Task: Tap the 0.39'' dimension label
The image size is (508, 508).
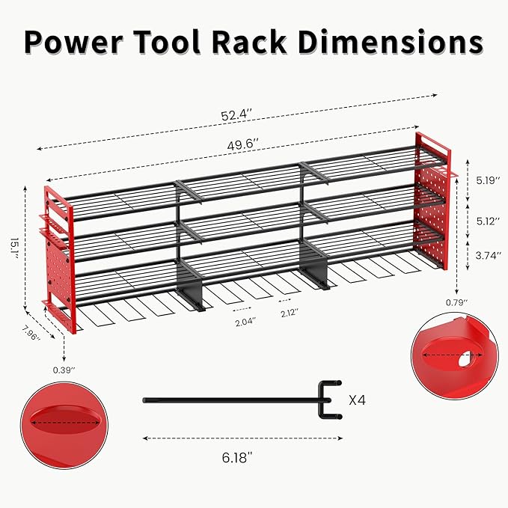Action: (64, 368)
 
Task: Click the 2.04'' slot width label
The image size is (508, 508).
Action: (243, 322)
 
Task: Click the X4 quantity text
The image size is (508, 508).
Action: (358, 400)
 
